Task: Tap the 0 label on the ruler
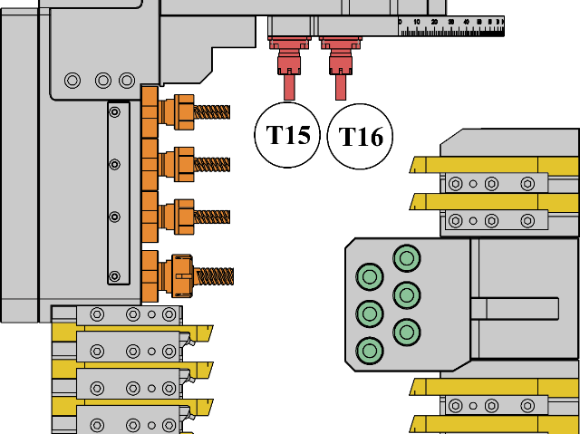[x=400, y=22]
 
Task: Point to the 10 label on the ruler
[x=416, y=22]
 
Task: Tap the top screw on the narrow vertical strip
[x=114, y=112]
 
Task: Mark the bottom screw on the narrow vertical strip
[x=114, y=275]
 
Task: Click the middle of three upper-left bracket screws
[x=103, y=81]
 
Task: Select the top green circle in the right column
[x=407, y=258]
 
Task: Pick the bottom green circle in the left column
[x=370, y=350]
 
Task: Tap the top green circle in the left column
[x=370, y=276]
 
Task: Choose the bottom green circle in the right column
[x=407, y=332]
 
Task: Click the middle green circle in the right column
[x=407, y=295]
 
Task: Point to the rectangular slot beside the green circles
[x=514, y=309]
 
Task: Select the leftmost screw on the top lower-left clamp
[x=97, y=314]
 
